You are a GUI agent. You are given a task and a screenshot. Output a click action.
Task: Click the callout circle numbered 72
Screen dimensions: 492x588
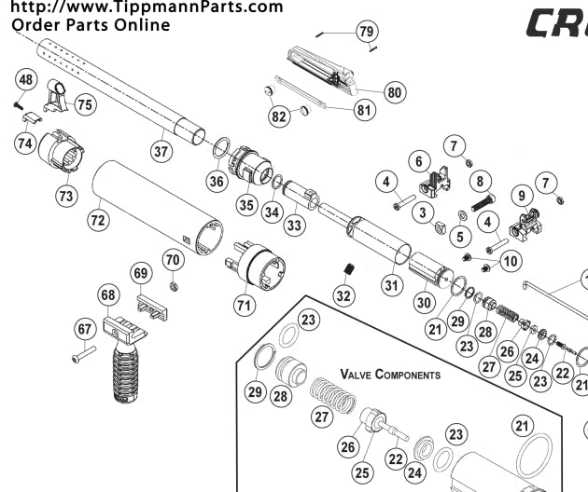click(97, 220)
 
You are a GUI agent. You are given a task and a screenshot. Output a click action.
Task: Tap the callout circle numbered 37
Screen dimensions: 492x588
click(161, 149)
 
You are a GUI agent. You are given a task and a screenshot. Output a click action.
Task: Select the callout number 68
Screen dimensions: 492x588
click(109, 295)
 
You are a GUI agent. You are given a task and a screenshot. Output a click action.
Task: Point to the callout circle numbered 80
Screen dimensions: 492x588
click(395, 92)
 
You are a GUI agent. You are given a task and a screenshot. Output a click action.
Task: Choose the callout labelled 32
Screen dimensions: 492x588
click(343, 296)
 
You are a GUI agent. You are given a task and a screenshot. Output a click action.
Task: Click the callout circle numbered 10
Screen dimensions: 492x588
click(510, 262)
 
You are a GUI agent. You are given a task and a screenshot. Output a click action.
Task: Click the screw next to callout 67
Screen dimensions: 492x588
click(82, 354)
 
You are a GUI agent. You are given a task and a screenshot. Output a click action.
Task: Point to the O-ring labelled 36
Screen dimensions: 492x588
click(222, 147)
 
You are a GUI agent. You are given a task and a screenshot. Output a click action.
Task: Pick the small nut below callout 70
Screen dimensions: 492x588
click(174, 284)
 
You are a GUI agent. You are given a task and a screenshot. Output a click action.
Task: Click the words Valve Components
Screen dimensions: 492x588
click(389, 374)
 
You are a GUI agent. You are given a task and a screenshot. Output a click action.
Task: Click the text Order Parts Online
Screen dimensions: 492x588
click(91, 24)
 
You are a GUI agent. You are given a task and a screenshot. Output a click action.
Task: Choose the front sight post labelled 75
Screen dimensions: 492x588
click(56, 96)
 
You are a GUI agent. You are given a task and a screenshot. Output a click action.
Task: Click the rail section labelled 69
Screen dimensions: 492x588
click(150, 307)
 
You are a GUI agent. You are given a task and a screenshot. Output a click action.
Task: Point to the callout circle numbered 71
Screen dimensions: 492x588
click(245, 303)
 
